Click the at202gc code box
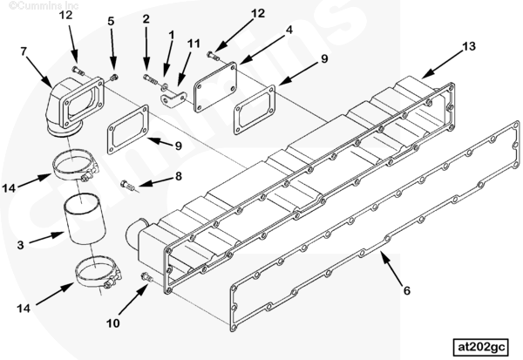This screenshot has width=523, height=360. pyautogui.click(x=480, y=347)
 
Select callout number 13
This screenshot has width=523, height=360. pyautogui.click(x=469, y=46)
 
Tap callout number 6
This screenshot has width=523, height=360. pyautogui.click(x=406, y=290)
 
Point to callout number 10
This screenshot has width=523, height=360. pyautogui.click(x=112, y=323)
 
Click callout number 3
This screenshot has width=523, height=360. pyautogui.click(x=20, y=245)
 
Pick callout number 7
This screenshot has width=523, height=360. pyautogui.click(x=24, y=51)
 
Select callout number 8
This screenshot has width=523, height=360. pyautogui.click(x=179, y=176)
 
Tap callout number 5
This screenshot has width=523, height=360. pyautogui.click(x=111, y=21)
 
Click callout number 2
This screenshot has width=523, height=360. pyautogui.click(x=146, y=19)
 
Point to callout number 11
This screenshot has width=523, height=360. pyautogui.click(x=194, y=44)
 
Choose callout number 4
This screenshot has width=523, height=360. pyautogui.click(x=289, y=30)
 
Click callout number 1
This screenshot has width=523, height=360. pyautogui.click(x=171, y=34)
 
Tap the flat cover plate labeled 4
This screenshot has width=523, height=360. pyautogui.click(x=215, y=87)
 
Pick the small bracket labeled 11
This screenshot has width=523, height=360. pyautogui.click(x=173, y=99)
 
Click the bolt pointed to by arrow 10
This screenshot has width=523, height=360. pyautogui.click(x=146, y=277)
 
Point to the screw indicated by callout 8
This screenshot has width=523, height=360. pyautogui.click(x=128, y=185)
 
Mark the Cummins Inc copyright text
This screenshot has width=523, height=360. pyautogui.click(x=44, y=5)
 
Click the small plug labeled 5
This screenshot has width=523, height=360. pyautogui.click(x=113, y=78)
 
